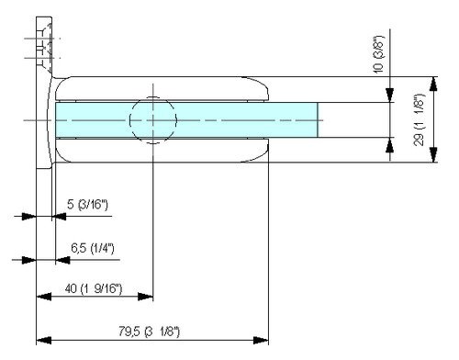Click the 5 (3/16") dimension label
pyautogui.click(x=87, y=205)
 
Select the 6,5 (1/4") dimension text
pyautogui.click(x=93, y=248)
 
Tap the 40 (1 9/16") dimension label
pyautogui.click(x=94, y=288)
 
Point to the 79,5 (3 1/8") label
pyautogui.click(x=150, y=332)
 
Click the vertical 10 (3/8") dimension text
pyautogui.click(x=378, y=54)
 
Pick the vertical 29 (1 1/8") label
pyautogui.click(x=420, y=119)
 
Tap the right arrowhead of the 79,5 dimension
pyautogui.click(x=261, y=340)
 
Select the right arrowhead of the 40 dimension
pyautogui.click(x=145, y=297)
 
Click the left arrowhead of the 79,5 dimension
pyautogui.click(x=44, y=340)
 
